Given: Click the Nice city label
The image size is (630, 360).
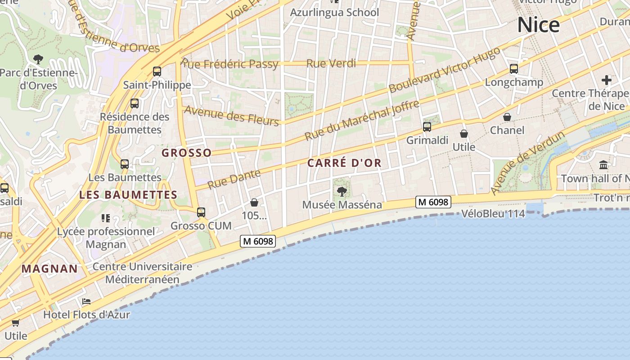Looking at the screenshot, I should (x=538, y=25).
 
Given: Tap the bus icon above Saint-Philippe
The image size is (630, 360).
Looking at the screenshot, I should (x=157, y=71).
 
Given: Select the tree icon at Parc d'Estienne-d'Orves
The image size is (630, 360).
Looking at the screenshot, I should (x=38, y=58).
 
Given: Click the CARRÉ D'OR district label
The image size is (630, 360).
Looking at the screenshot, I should (x=344, y=163).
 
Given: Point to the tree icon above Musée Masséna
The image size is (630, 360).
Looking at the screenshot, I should (x=342, y=192).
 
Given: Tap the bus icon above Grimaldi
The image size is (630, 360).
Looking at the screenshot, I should (x=427, y=127).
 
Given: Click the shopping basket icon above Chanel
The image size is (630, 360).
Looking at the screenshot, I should (x=507, y=117).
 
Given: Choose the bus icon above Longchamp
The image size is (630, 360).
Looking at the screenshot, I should (x=514, y=69).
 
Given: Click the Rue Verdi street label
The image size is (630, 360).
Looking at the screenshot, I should (x=331, y=63).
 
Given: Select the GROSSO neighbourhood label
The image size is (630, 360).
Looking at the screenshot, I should (x=186, y=153).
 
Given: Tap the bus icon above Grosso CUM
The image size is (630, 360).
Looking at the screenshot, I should (x=201, y=212).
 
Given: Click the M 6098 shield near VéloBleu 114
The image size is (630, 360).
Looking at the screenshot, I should (x=433, y=202).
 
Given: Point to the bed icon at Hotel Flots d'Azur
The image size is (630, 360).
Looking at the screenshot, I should (x=86, y=301).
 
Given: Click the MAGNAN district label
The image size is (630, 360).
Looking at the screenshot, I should (x=49, y=269).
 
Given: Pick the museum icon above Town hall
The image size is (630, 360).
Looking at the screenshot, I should (x=603, y=165).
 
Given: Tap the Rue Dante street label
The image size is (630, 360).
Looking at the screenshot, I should (x=234, y=179).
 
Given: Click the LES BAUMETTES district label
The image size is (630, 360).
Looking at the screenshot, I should (x=128, y=195).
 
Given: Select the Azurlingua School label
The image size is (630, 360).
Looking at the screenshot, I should (x=334, y=12).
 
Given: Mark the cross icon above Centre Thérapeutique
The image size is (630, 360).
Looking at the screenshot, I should (x=607, y=81).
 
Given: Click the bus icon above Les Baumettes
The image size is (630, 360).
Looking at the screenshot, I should (x=125, y=164).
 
